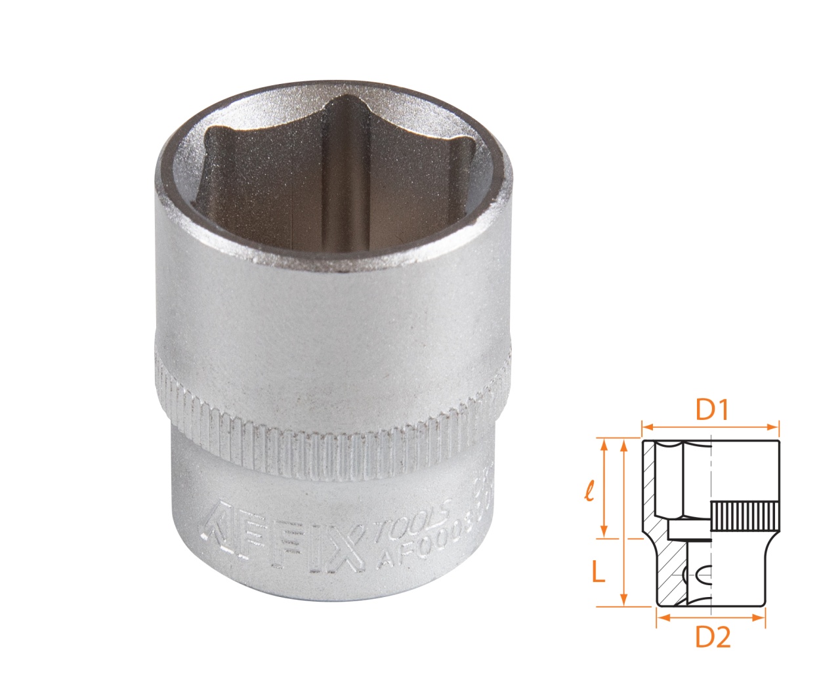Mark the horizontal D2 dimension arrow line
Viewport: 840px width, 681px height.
point(711,617)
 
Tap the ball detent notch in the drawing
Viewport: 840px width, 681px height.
point(699,575)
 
